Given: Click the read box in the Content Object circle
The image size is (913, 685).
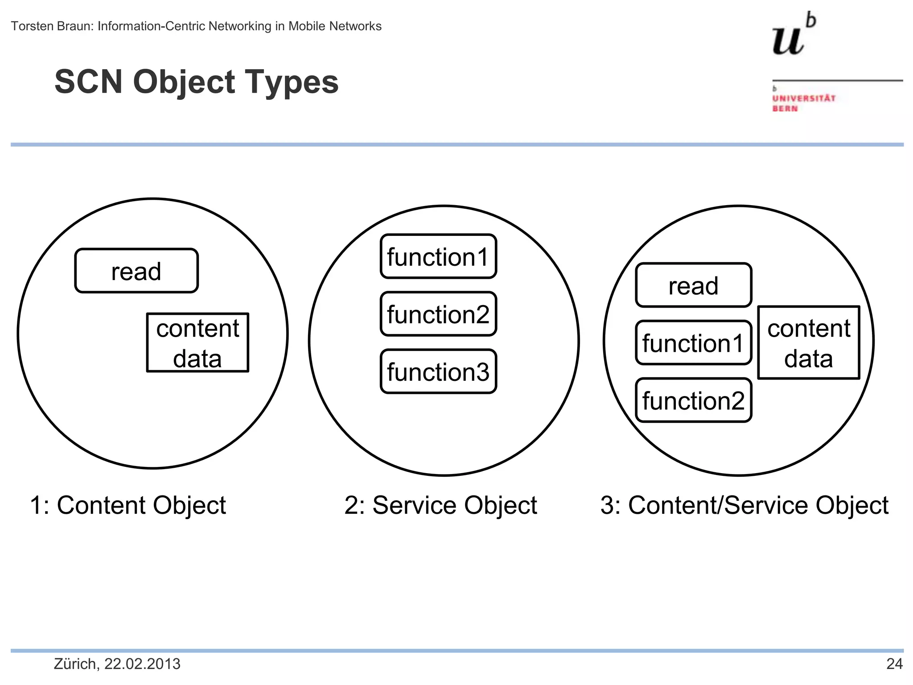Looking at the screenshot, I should (136, 271).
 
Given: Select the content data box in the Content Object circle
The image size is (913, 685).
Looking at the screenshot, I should (197, 342).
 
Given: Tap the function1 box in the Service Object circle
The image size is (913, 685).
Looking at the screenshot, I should (438, 256).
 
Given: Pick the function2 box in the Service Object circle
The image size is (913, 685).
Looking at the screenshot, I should (438, 314).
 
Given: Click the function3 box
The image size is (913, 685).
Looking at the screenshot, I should (438, 371).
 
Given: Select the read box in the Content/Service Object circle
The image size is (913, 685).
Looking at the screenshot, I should (693, 285).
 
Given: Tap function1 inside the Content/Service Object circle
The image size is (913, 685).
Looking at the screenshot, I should (693, 343).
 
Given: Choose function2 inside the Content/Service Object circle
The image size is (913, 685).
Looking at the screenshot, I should (693, 400).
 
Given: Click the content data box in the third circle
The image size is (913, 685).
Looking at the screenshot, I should (809, 342).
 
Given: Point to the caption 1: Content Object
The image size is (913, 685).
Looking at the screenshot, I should (128, 506).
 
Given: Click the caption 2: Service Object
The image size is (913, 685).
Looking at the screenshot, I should (440, 506).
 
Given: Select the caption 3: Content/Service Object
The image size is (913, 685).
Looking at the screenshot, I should (744, 506).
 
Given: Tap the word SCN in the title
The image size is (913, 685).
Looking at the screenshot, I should (88, 82).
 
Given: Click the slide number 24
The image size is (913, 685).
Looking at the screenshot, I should (894, 664).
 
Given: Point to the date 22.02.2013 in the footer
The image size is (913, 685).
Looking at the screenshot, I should (142, 664).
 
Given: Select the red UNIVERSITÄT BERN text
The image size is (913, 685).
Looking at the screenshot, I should (803, 103).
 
